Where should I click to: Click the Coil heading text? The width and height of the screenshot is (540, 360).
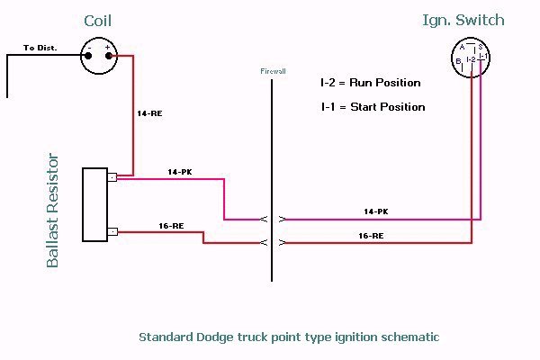(99, 21)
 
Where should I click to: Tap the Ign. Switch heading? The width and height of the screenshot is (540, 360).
(463, 20)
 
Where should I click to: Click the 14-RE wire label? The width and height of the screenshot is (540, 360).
(150, 114)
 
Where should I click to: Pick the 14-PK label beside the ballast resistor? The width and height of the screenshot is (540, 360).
(180, 171)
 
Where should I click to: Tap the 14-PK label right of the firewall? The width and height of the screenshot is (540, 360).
(375, 211)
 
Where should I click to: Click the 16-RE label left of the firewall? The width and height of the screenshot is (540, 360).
(170, 226)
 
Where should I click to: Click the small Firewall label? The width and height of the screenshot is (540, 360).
(272, 69)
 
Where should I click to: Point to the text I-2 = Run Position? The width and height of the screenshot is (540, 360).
(370, 83)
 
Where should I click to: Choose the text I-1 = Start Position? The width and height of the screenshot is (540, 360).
(373, 107)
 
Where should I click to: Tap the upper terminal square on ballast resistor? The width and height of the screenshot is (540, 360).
(112, 177)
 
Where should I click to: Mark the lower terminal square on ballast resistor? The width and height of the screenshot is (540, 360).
(112, 231)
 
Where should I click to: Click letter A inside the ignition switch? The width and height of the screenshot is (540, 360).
(462, 48)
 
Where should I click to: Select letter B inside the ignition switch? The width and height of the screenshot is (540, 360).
(459, 60)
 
